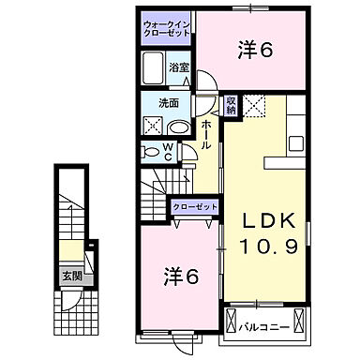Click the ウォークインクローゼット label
(166, 27)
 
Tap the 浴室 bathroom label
(178, 68)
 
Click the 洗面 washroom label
(169, 103)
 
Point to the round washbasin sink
(180, 127)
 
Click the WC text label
(168, 150)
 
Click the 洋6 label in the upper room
(254, 50)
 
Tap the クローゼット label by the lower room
(193, 206)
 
